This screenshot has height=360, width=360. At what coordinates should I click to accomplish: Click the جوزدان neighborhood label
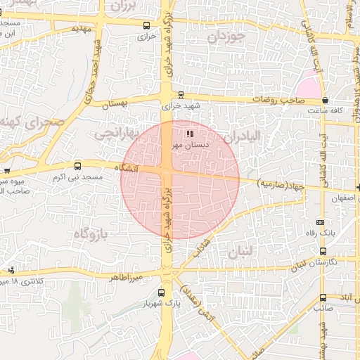tap(226, 37)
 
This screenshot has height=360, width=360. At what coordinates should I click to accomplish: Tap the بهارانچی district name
tap(112, 131)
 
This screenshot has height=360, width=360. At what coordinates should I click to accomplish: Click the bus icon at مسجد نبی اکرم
tap(77, 167)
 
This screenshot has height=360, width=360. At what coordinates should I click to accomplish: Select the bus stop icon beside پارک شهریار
tap(162, 292)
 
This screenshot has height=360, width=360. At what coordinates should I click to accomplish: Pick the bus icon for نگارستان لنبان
tap(323, 250)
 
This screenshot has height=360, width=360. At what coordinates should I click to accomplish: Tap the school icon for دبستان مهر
tap(188, 134)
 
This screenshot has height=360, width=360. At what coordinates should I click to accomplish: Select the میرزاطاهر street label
tap(126, 278)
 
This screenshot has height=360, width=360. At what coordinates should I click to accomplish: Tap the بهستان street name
tap(117, 104)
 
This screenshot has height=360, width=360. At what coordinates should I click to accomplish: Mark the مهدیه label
tap(82, 30)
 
